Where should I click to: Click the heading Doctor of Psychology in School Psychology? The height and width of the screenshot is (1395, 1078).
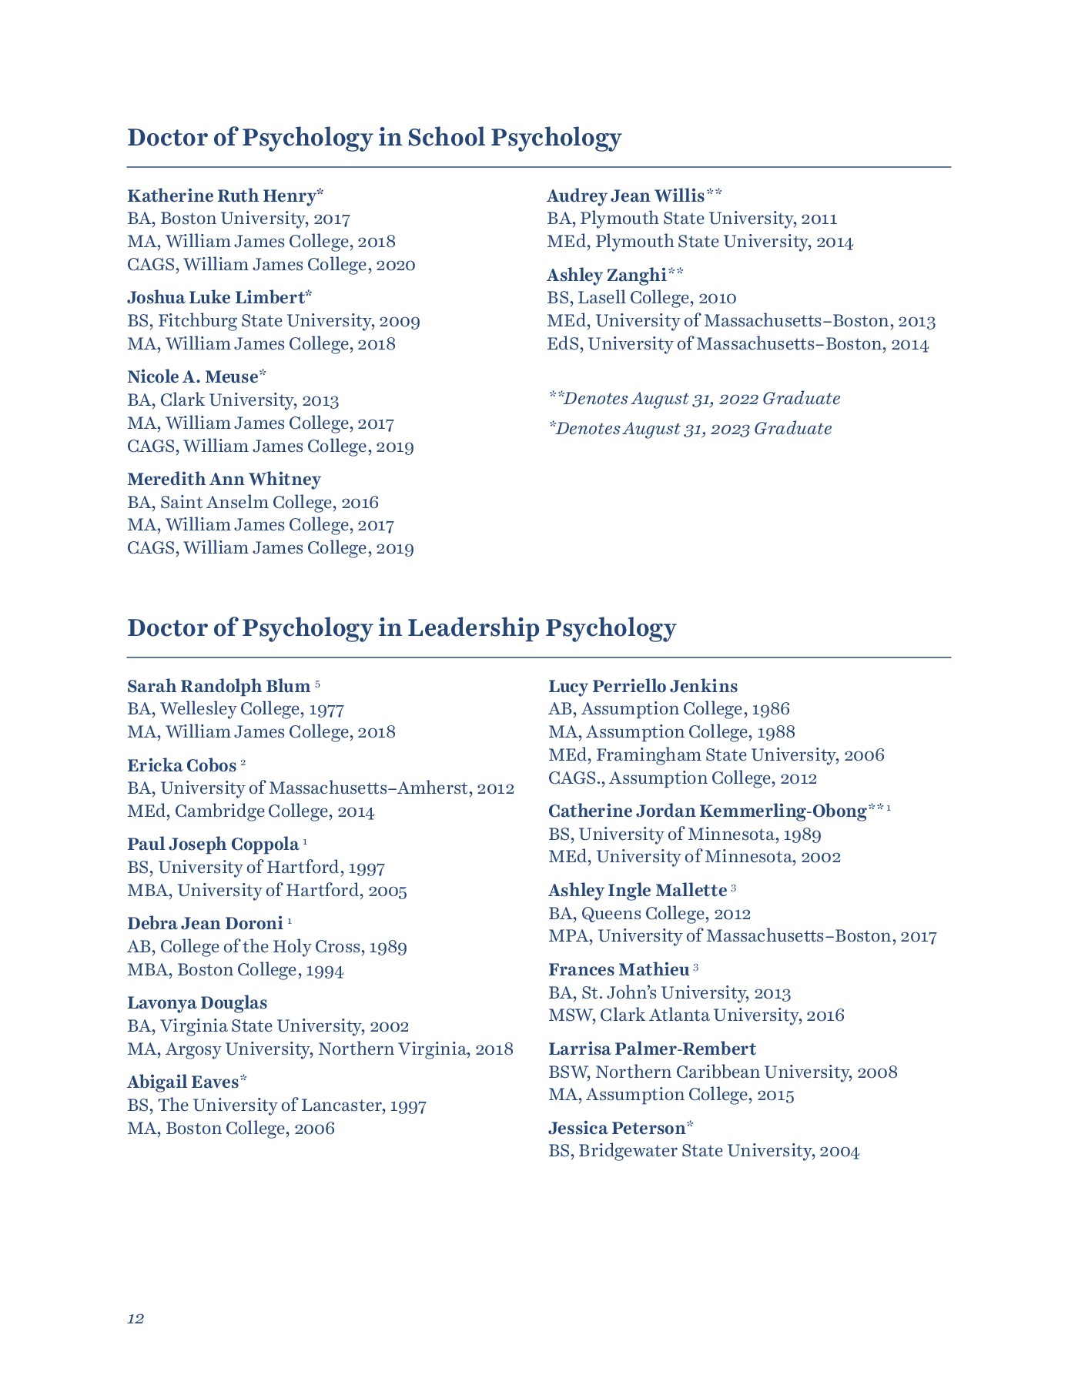click(x=373, y=138)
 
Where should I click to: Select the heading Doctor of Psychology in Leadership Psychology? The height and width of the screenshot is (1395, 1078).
click(x=401, y=628)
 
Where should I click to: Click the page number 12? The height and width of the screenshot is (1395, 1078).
click(x=136, y=1319)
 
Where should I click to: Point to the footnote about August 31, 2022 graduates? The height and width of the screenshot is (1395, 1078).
click(x=694, y=399)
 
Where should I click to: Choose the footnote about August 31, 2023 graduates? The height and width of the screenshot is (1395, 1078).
click(x=690, y=429)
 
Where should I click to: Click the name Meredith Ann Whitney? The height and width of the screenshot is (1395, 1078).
click(x=224, y=480)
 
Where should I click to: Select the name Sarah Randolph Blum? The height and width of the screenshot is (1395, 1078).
click(x=219, y=686)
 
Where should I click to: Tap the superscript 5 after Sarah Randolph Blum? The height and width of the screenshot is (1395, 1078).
click(x=317, y=684)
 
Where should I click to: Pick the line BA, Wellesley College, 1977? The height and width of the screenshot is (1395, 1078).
click(x=236, y=709)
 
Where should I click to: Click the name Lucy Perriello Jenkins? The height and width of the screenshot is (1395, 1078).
click(x=643, y=686)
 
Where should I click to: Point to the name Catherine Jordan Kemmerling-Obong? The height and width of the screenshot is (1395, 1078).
click(x=707, y=811)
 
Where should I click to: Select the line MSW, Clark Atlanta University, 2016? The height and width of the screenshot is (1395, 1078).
click(x=696, y=1015)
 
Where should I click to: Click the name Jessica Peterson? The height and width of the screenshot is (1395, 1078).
click(x=617, y=1129)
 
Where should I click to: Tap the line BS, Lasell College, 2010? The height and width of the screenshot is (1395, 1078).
click(x=641, y=298)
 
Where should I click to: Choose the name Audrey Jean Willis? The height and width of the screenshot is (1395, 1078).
click(x=625, y=196)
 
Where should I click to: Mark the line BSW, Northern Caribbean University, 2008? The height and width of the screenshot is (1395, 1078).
click(x=722, y=1072)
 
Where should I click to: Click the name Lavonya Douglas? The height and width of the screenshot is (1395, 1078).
click(x=197, y=1003)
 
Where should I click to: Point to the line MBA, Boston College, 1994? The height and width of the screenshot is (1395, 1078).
click(x=236, y=970)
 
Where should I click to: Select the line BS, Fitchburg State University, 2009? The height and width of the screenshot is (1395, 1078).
click(x=273, y=321)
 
